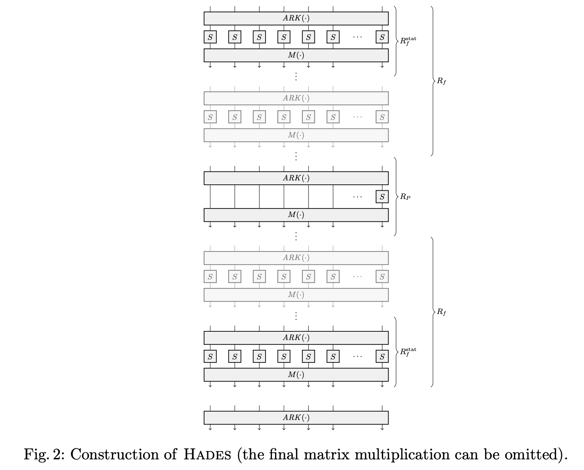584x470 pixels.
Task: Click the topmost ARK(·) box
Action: pyautogui.click(x=296, y=19)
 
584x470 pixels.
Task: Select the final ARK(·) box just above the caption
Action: pyautogui.click(x=296, y=418)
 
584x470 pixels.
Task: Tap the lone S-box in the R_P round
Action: pyautogui.click(x=382, y=197)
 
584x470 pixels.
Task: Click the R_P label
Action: pyautogui.click(x=405, y=197)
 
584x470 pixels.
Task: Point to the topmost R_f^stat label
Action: pyautogui.click(x=408, y=40)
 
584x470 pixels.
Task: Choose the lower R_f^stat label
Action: pyautogui.click(x=408, y=351)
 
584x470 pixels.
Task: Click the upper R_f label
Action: pyautogui.click(x=441, y=82)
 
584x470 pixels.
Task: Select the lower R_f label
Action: pyautogui.click(x=441, y=312)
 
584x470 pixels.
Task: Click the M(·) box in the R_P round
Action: pyautogui.click(x=296, y=215)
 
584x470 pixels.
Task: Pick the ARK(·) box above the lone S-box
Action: pyautogui.click(x=296, y=178)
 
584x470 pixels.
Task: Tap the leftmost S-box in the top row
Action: pyautogui.click(x=210, y=37)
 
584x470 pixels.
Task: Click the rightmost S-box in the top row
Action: pyautogui.click(x=382, y=37)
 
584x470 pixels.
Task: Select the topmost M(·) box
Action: pyautogui.click(x=296, y=56)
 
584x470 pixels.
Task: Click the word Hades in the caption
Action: pyautogui.click(x=207, y=455)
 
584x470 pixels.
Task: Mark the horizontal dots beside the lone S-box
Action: pyautogui.click(x=357, y=197)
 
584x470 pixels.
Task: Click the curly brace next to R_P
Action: pyautogui.click(x=396, y=197)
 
